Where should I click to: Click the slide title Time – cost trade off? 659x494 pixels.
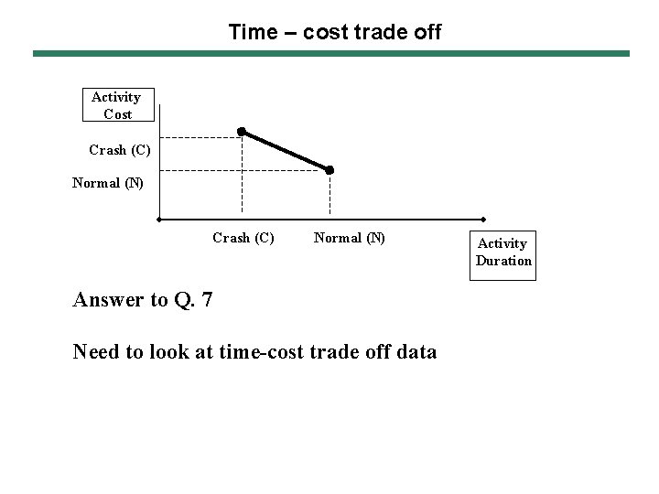tap(334, 33)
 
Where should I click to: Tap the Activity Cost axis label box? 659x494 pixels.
tap(116, 105)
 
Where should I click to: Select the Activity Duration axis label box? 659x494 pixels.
tap(502, 252)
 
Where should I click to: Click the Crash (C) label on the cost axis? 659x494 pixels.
tap(120, 149)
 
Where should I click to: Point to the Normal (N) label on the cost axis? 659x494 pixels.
tap(108, 182)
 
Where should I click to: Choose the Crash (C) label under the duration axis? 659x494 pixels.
tap(243, 238)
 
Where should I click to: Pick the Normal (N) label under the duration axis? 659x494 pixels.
tap(349, 238)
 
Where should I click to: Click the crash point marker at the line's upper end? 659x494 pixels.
tap(242, 132)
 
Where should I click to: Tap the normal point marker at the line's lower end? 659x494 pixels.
tap(329, 170)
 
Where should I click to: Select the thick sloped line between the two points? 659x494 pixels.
tap(286, 151)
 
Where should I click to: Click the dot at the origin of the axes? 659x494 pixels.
tap(159, 220)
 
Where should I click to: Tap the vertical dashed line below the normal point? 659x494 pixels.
tap(329, 197)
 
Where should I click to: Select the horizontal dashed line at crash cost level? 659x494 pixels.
tap(200, 137)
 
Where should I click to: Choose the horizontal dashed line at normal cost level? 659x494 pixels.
tap(243, 170)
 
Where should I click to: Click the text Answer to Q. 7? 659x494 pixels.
tap(143, 299)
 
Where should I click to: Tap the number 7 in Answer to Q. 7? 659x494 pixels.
tap(208, 299)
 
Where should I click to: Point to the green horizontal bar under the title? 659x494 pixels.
tap(331, 54)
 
